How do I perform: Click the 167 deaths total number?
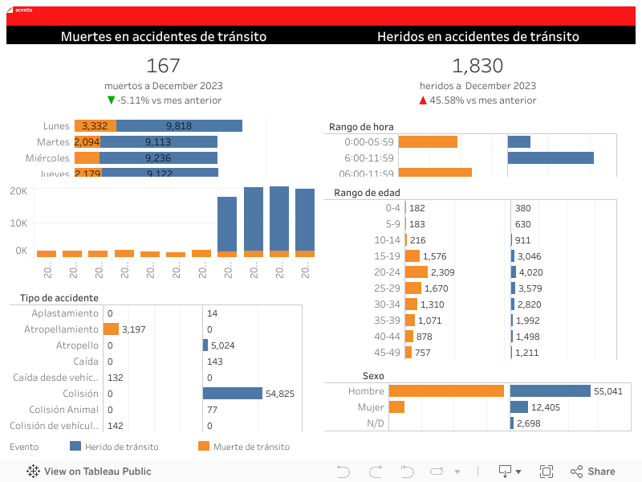click(164, 66)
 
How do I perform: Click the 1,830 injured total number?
click(477, 66)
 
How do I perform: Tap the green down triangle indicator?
click(112, 100)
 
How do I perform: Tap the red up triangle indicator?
click(423, 100)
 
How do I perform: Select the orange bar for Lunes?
click(95, 125)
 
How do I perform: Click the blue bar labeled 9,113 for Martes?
click(158, 141)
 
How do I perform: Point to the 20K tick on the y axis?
click(18, 190)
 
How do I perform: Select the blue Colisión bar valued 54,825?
click(233, 394)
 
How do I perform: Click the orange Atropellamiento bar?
click(111, 329)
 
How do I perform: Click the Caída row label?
click(86, 361)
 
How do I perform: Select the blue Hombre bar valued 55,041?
click(551, 391)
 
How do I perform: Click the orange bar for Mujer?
click(396, 407)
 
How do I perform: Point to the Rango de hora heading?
click(361, 127)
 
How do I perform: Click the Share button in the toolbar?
click(593, 472)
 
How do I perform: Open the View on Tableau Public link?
click(89, 472)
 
